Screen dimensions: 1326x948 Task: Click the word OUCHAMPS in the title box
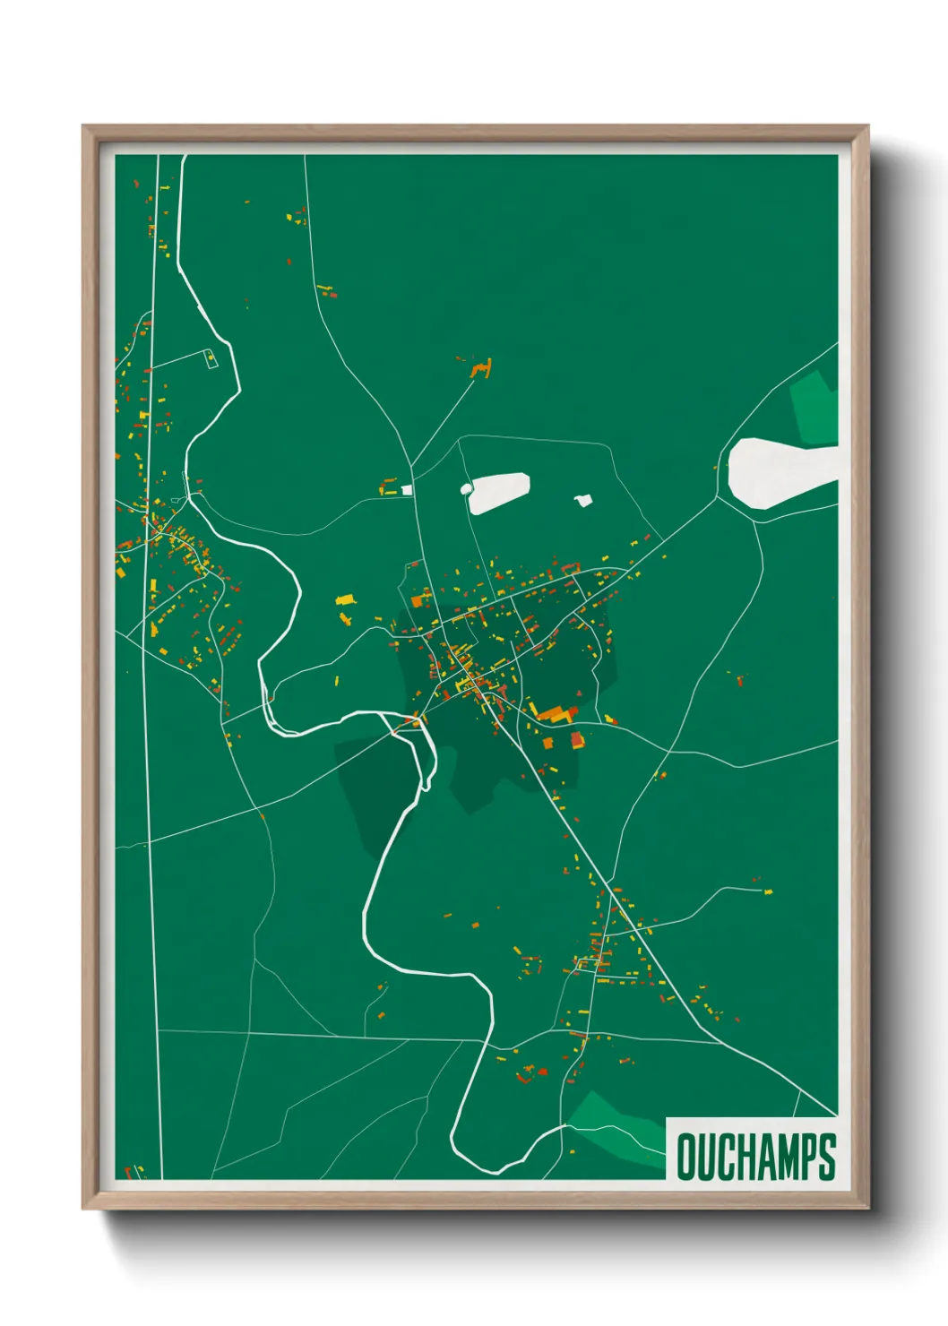[756, 1157]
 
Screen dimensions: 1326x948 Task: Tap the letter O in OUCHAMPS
[687, 1157]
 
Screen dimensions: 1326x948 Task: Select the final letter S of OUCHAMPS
[827, 1157]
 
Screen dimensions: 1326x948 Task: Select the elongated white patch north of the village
[498, 492]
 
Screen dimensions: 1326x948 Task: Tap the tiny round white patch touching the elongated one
[466, 488]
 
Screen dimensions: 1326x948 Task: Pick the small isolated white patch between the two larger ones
[583, 500]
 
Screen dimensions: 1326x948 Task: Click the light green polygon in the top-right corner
[815, 409]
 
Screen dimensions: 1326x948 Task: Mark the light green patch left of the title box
[618, 1125]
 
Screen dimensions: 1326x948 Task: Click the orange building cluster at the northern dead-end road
[482, 368]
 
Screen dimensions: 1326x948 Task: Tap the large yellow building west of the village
[345, 599]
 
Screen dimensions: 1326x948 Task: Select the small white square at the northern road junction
[408, 490]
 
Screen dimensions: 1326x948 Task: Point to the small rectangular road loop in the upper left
[211, 358]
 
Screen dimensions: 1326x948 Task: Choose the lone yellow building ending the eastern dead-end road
[768, 891]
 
